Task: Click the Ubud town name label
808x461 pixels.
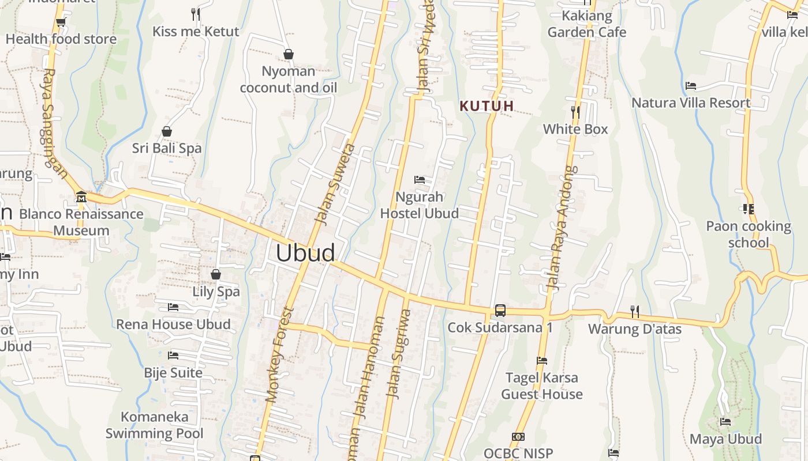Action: tap(305, 253)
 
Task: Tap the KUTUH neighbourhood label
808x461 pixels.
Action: tap(487, 106)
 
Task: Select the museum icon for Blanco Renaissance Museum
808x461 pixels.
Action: tap(81, 198)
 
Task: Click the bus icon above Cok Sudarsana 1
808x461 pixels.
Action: tap(500, 311)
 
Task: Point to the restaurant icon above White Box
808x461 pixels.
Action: tap(575, 111)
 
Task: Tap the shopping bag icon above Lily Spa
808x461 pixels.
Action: tap(216, 274)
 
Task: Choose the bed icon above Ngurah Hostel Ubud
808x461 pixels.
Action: tap(420, 180)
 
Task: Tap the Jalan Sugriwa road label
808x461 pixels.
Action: tap(399, 354)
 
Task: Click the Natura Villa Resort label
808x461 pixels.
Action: tap(691, 103)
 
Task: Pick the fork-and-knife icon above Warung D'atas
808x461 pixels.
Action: tap(635, 312)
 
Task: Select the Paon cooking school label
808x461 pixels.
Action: tap(749, 234)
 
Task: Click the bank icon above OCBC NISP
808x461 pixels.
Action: tap(518, 437)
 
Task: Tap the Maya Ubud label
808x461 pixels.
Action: tap(725, 439)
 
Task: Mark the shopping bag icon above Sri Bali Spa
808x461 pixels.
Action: tap(167, 131)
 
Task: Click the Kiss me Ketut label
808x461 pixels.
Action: tap(196, 31)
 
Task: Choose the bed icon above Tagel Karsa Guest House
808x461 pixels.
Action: tap(541, 361)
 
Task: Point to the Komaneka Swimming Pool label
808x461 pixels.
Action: tap(154, 425)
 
